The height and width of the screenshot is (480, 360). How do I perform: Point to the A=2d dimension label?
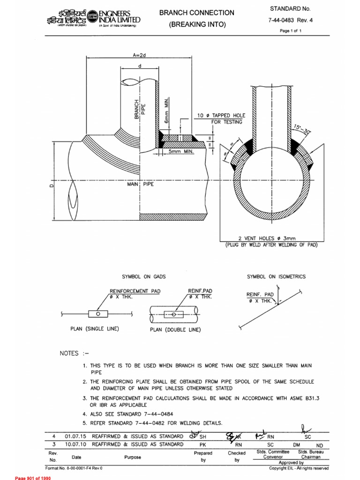[x=140, y=55]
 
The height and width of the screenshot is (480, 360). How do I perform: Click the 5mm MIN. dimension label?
[x=180, y=152]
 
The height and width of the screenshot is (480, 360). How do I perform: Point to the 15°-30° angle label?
[x=303, y=129]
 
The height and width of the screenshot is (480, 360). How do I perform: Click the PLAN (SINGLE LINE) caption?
[x=95, y=329]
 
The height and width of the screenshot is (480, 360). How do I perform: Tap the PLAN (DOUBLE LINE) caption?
[x=175, y=330]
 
